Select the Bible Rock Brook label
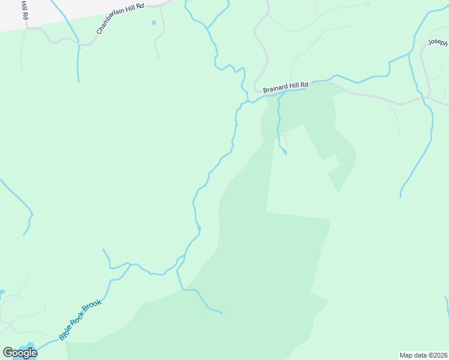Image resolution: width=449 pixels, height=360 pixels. pyautogui.click(x=80, y=319)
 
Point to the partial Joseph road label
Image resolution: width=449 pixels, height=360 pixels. pyautogui.click(x=438, y=43)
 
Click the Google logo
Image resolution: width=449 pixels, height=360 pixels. pyautogui.click(x=20, y=353)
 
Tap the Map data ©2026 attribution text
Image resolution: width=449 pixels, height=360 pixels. pyautogui.click(x=423, y=355)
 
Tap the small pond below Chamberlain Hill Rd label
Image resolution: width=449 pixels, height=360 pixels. pyautogui.click(x=154, y=23)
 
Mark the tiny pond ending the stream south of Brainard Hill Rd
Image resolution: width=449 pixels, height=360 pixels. pyautogui.click(x=285, y=153)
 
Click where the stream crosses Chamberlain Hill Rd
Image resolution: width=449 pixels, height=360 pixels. pyautogui.click(x=78, y=43)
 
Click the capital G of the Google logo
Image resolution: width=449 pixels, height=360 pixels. pyautogui.click(x=8, y=353)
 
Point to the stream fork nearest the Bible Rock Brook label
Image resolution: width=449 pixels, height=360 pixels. pyautogui.click(x=130, y=264)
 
